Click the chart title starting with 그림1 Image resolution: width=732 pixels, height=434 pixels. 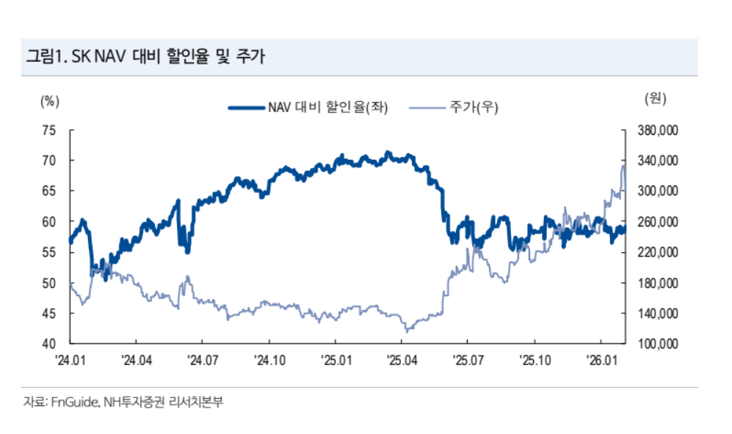(x=145, y=56)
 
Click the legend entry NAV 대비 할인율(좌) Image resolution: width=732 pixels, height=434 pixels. (x=308, y=108)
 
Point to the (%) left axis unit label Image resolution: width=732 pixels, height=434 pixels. (x=49, y=101)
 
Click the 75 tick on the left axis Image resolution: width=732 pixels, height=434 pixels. (x=49, y=130)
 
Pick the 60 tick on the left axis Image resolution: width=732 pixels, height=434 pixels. (x=49, y=221)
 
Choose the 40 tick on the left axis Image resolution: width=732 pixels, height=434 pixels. (x=49, y=344)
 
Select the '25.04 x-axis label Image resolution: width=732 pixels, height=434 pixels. (x=402, y=360)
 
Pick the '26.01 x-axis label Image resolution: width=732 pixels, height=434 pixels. (x=601, y=360)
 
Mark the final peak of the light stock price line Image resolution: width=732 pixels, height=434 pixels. (x=623, y=166)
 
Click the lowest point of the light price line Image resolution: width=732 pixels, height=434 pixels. (x=406, y=331)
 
